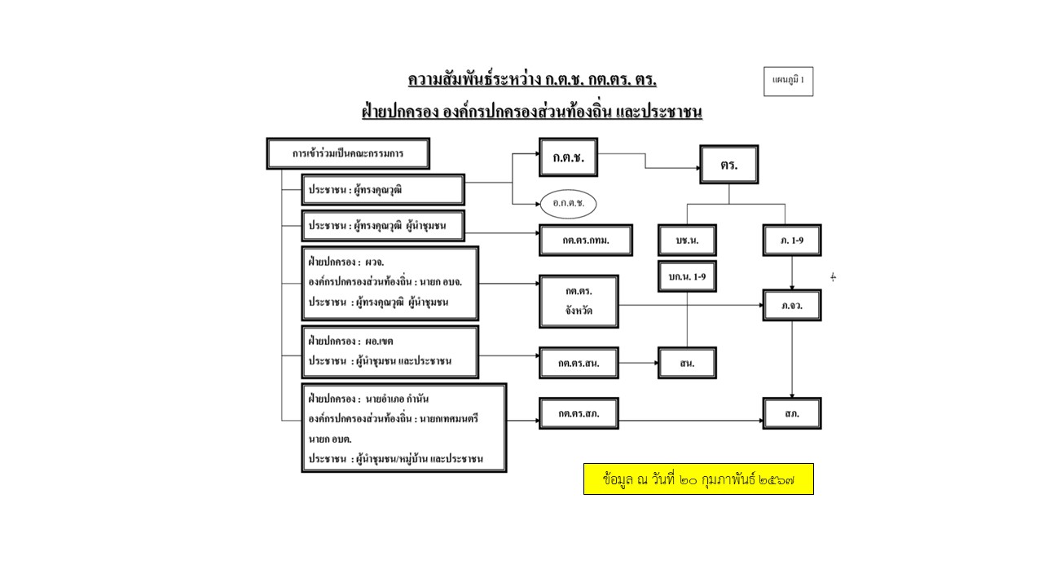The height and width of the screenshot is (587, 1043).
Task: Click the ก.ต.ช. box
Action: [x=568, y=157]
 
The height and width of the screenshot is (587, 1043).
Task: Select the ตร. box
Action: [x=728, y=165]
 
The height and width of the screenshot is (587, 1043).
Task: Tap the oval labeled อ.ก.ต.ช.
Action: [x=569, y=203]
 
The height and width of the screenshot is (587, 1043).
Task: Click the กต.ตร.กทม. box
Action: [x=586, y=241]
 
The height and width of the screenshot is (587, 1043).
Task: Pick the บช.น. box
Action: [x=687, y=241]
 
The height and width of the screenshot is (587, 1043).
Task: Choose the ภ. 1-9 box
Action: [x=791, y=241]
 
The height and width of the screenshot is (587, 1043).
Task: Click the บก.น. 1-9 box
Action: [x=687, y=276]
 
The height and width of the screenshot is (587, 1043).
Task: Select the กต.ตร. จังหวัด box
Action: [x=579, y=301]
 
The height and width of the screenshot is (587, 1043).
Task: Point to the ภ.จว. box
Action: [x=791, y=305]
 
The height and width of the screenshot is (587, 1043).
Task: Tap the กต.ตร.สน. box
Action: [x=579, y=363]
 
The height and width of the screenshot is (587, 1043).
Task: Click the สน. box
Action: [x=687, y=363]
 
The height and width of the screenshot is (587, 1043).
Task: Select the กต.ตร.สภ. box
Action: [x=579, y=413]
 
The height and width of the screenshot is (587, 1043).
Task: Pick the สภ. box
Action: [x=791, y=413]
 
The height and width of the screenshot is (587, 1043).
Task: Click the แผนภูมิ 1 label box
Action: [x=788, y=81]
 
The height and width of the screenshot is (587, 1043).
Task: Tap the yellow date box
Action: [x=698, y=479]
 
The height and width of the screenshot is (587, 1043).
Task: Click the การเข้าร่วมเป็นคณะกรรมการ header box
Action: [x=348, y=153]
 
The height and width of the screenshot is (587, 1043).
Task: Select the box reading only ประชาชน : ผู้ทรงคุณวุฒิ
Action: [x=382, y=190]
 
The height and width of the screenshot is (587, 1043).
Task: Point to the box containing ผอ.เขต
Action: [x=389, y=351]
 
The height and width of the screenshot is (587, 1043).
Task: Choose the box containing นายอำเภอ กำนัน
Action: [x=403, y=428]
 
